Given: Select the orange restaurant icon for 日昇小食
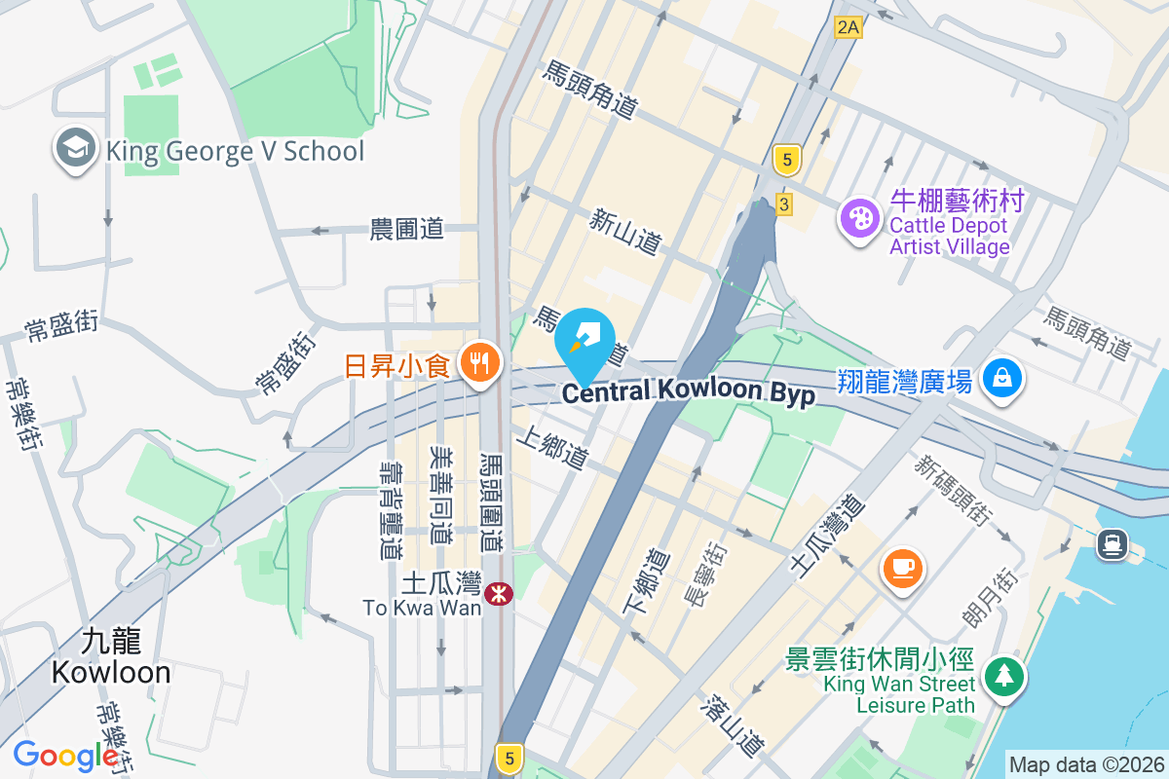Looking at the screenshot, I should coord(478,364).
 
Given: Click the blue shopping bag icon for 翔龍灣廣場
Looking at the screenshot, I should coord(1001,378).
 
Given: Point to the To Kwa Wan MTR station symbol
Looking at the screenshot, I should coord(499,592).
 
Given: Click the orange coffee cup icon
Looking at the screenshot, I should coord(902,567).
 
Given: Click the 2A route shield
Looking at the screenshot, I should coord(848,27).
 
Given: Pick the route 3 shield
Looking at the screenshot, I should coord(784,204).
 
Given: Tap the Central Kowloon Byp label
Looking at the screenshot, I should coord(688,391).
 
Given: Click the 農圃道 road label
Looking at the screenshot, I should coord(407,230).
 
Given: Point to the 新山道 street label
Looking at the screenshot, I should coord(625,232).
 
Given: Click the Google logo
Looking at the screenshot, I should coord(65,756).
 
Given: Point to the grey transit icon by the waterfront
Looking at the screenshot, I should coord(1112,543).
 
